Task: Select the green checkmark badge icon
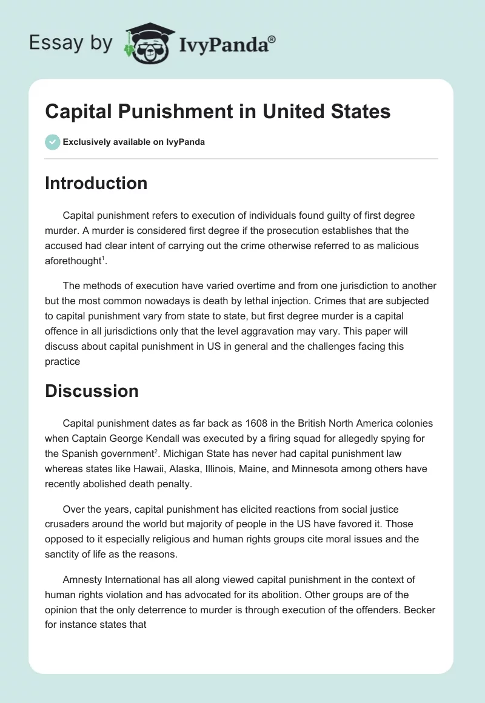pos(52,142)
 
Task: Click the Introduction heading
pos(96,183)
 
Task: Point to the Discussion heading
pos(92,391)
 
